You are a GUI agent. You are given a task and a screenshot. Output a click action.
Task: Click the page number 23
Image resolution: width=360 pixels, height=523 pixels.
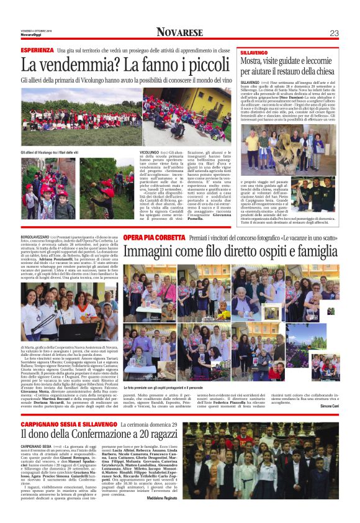(x=333, y=32)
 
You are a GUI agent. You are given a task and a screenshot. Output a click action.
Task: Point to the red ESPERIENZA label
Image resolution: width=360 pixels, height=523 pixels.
(x=37, y=50)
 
